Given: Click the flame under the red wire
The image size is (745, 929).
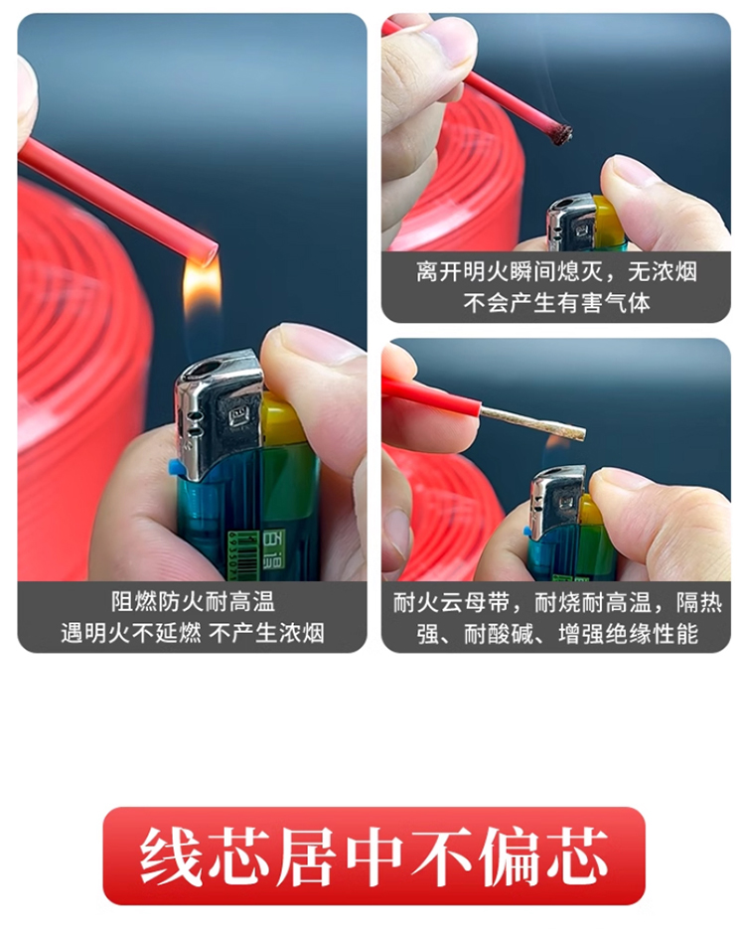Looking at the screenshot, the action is pyautogui.click(x=201, y=289).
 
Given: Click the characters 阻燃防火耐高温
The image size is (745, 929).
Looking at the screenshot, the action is pyautogui.click(x=193, y=602).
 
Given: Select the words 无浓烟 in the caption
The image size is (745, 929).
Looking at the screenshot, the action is pyautogui.click(x=663, y=272).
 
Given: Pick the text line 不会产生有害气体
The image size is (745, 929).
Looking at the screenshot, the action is pyautogui.click(x=556, y=303).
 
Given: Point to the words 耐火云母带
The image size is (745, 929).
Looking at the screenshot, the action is pyautogui.click(x=451, y=602).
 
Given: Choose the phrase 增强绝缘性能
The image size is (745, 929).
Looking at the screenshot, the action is pyautogui.click(x=629, y=634).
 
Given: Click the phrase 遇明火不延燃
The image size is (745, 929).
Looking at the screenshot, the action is pyautogui.click(x=131, y=633).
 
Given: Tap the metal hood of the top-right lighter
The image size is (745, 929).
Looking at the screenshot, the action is pyautogui.click(x=571, y=222).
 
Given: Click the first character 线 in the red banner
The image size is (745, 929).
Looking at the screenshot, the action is pyautogui.click(x=169, y=856).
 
